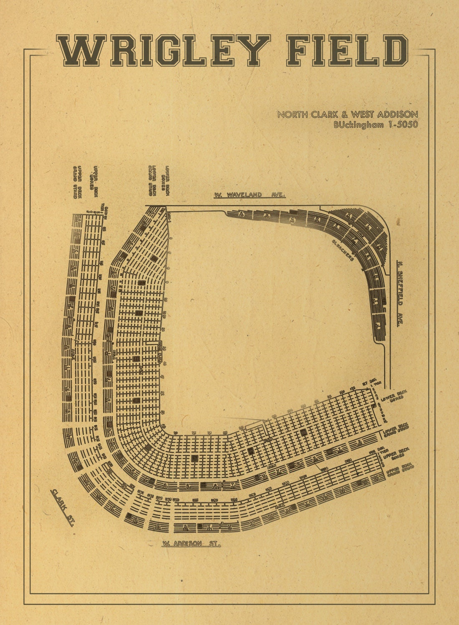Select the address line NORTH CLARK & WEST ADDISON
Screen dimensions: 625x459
point(348,115)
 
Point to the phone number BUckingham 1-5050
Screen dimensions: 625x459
point(376,125)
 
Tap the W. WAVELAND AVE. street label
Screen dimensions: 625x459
point(249,195)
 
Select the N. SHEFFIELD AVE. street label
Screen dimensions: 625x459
point(399,294)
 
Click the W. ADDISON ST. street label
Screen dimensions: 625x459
point(191,543)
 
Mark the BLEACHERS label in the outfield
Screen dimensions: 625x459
point(343,250)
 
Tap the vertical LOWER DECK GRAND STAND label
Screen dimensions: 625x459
point(152,180)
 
